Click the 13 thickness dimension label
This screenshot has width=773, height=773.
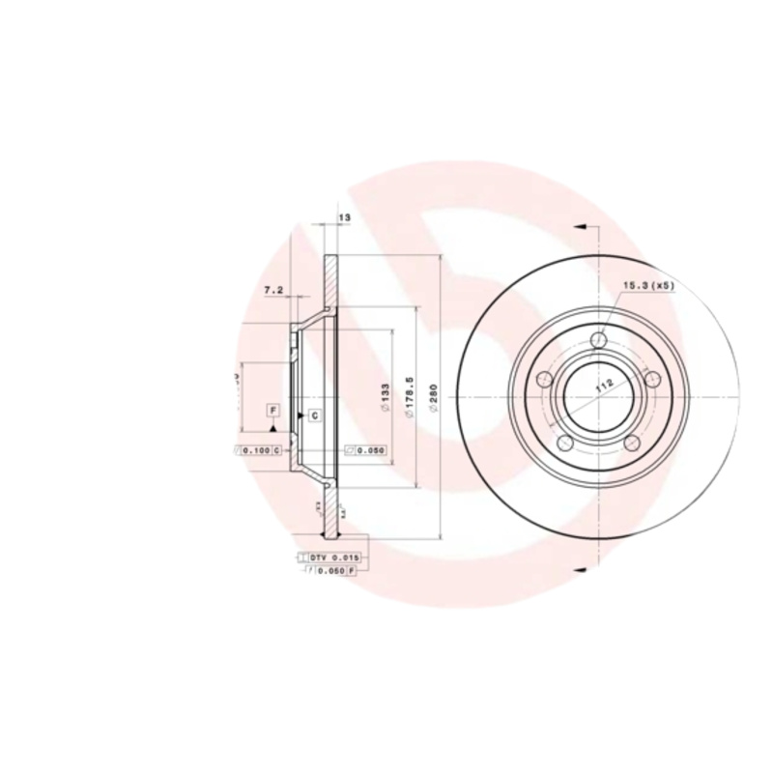(344, 218)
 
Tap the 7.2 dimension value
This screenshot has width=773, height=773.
(273, 290)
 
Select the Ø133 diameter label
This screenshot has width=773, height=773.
(385, 398)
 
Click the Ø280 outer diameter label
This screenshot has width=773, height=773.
(434, 398)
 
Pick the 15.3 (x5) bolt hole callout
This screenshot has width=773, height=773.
(649, 286)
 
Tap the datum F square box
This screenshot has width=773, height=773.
(273, 411)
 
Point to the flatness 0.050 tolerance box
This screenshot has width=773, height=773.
(367, 450)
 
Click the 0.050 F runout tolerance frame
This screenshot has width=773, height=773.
(330, 571)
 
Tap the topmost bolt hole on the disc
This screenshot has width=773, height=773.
(598, 340)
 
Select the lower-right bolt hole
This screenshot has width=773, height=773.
(632, 443)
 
